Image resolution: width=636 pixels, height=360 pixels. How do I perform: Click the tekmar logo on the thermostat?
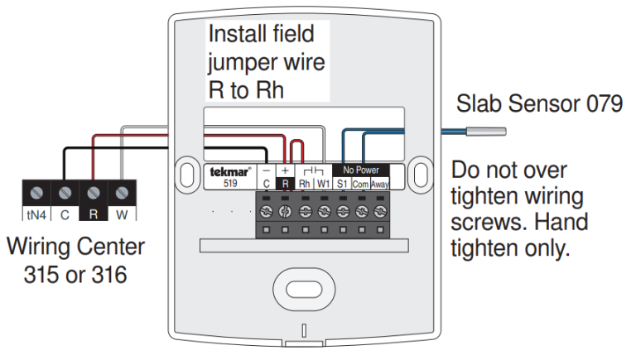pyautogui.click(x=221, y=171)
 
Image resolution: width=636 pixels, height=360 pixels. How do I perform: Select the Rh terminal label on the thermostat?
pyautogui.click(x=305, y=184)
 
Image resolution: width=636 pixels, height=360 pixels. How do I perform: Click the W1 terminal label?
pyautogui.click(x=324, y=184)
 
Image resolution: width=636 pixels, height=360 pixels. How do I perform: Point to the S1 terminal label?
pyautogui.click(x=343, y=184)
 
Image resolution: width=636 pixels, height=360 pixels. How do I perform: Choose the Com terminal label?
pyautogui.click(x=361, y=184)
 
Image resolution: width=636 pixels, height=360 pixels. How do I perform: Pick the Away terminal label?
pyautogui.click(x=380, y=184)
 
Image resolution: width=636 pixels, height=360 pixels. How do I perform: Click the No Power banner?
pyautogui.click(x=361, y=170)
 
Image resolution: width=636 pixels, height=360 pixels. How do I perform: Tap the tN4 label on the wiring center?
pyautogui.click(x=36, y=214)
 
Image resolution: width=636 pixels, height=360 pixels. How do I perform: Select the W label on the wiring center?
pyautogui.click(x=122, y=214)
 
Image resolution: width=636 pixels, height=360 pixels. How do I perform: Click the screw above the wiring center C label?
pyautogui.click(x=65, y=193)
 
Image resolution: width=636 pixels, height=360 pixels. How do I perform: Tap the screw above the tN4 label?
pyautogui.click(x=36, y=193)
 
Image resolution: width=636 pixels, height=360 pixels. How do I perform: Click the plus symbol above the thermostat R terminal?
pyautogui.click(x=286, y=170)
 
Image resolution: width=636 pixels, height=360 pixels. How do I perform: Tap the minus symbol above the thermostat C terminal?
pyautogui.click(x=267, y=170)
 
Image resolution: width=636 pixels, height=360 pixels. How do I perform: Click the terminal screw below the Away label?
pyautogui.click(x=380, y=213)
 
